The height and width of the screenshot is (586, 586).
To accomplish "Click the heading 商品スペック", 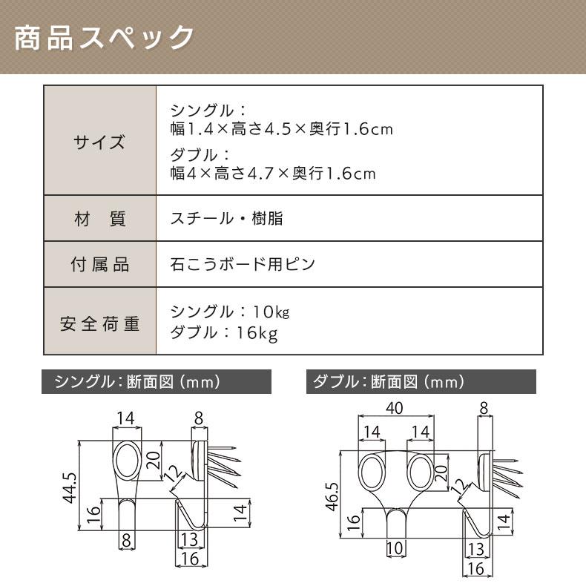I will tap(105, 38).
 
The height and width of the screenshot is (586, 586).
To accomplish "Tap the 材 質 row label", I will tap(99, 219).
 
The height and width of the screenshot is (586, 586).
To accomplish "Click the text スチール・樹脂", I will tap(227, 219).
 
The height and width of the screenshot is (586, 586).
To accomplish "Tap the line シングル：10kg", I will tap(230, 312).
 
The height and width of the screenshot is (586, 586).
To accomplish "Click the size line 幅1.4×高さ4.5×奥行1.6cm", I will tap(281, 130).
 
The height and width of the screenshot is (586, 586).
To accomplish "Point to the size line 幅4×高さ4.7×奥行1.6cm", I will tap(273, 174).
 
